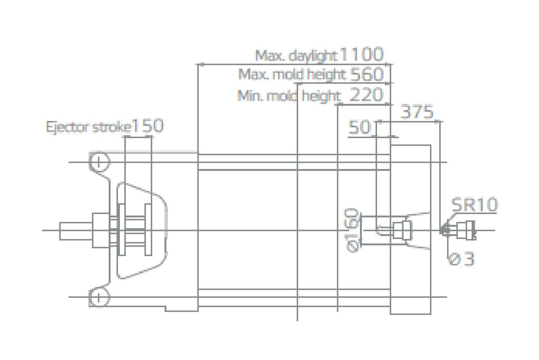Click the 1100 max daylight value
pyautogui.click(x=361, y=55)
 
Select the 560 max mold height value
pyautogui.click(x=367, y=75)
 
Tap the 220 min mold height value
pyautogui.click(x=367, y=95)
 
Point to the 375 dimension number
pyautogui.click(x=417, y=112)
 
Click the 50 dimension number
pyautogui.click(x=360, y=128)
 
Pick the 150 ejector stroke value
pyautogui.click(x=148, y=126)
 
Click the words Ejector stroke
pyautogui.click(x=89, y=127)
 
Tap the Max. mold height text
pyautogui.click(x=292, y=74)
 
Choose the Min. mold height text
pyautogui.click(x=289, y=96)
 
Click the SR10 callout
pyautogui.click(x=474, y=205)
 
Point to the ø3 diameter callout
pyautogui.click(x=462, y=259)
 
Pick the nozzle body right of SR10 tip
pyautogui.click(x=465, y=230)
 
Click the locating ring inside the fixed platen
pyautogui.click(x=402, y=230)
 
